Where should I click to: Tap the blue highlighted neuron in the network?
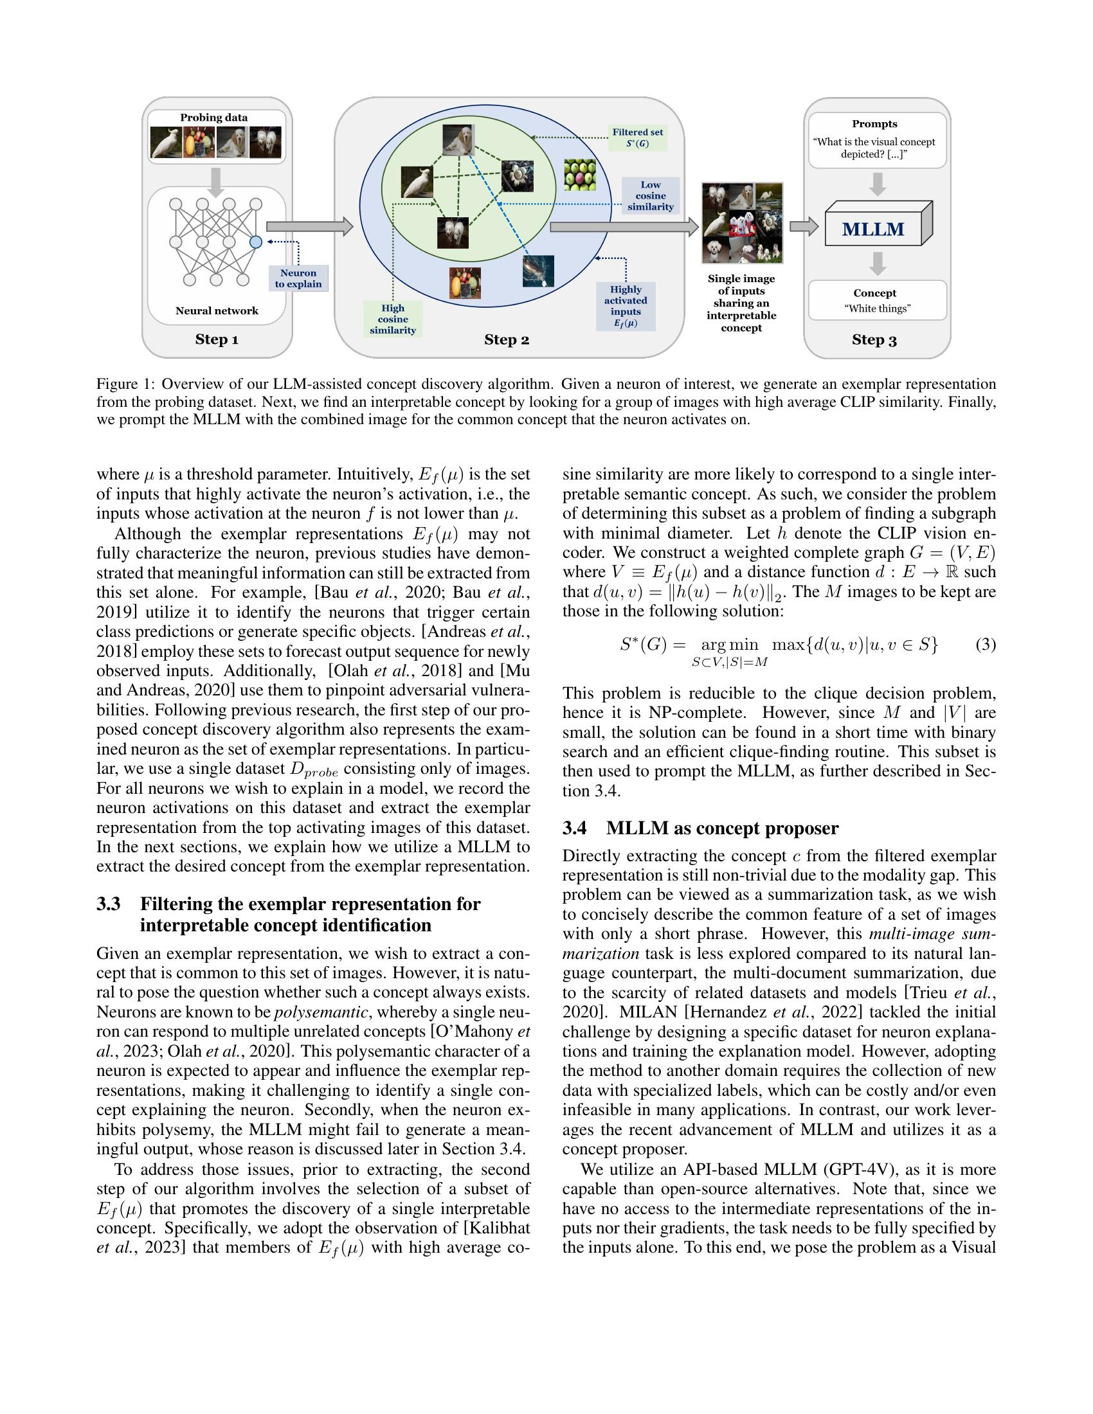pos(256,242)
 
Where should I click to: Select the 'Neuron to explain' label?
pos(298,278)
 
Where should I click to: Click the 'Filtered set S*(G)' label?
pos(638,138)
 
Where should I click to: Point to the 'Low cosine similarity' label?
pos(650,195)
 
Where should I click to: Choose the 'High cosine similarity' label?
pos(392,319)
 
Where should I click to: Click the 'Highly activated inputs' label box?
pos(626,306)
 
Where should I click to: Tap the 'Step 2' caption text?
pos(507,340)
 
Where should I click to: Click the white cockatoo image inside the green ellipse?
pos(417,182)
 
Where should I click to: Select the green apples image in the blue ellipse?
pos(579,174)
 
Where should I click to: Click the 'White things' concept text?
pos(878,309)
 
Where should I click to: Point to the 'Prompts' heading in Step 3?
pos(874,123)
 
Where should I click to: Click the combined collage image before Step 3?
pos(742,223)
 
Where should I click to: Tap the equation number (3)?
pos(985,645)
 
